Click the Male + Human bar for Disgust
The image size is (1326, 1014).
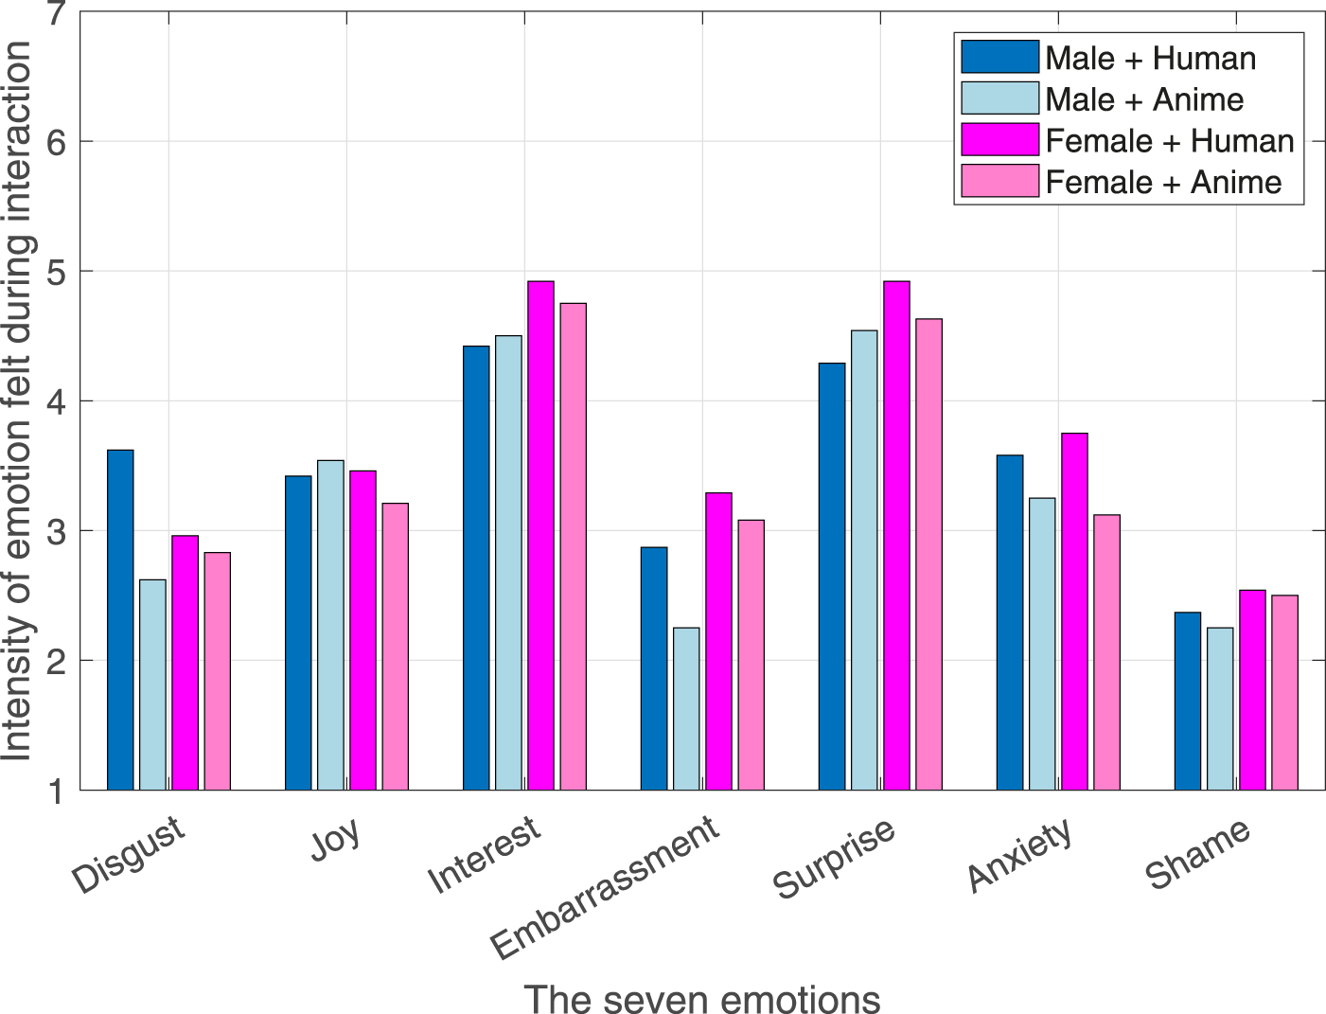(120, 619)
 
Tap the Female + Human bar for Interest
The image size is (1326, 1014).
(540, 535)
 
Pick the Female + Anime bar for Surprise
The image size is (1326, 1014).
(928, 554)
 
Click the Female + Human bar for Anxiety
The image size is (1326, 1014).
(1074, 611)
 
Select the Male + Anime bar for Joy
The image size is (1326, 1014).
(330, 625)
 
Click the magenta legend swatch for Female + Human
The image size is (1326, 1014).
(999, 140)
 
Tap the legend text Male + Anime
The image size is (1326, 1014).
(1143, 99)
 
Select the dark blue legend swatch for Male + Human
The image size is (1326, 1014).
(999, 58)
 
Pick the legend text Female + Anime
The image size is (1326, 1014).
(1163, 182)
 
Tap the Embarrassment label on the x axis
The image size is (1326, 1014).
(606, 887)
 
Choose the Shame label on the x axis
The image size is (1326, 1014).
(1198, 855)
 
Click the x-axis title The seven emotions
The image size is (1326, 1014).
(701, 998)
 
